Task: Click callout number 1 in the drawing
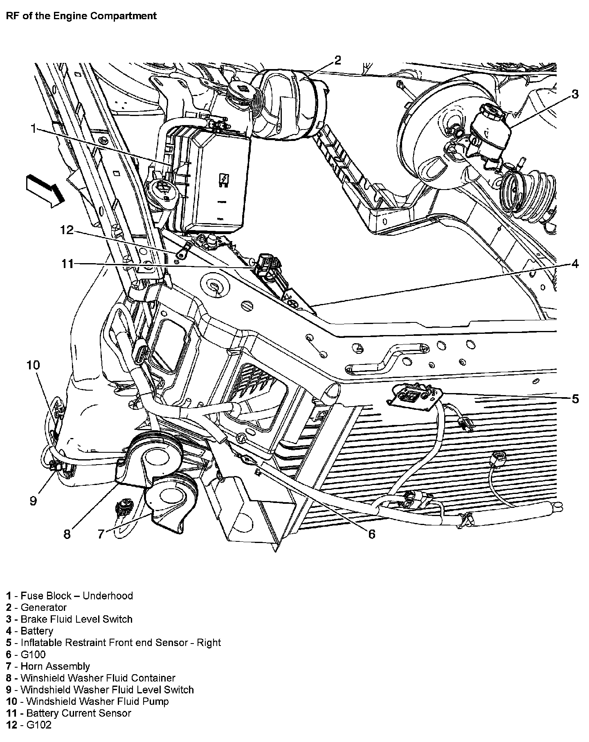(x=34, y=130)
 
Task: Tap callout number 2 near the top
(x=337, y=60)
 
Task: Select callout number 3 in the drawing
(x=575, y=94)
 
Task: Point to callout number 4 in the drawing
(x=575, y=264)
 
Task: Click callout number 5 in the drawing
(x=575, y=399)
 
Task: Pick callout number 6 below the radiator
(x=371, y=534)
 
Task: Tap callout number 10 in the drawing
(x=33, y=365)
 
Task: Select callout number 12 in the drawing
(x=66, y=230)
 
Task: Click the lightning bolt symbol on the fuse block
(x=224, y=180)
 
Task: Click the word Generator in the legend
(x=43, y=608)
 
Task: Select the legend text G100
(x=33, y=655)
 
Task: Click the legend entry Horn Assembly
(x=55, y=666)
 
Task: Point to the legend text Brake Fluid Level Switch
(x=76, y=619)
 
